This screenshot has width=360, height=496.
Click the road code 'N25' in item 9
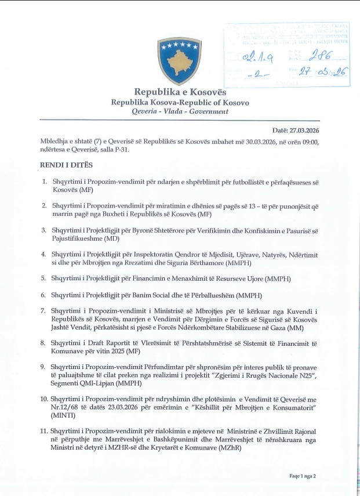coord(297,376)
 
